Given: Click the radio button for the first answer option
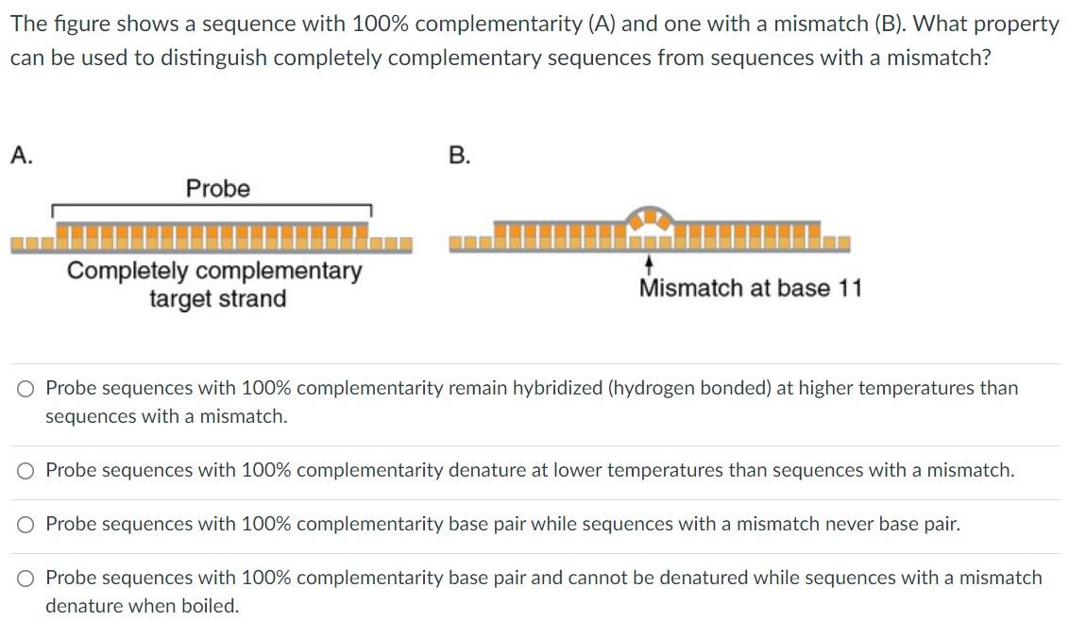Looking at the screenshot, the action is point(27,388).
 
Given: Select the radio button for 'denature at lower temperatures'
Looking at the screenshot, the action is point(27,470).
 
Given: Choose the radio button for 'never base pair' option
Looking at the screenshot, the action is point(27,525).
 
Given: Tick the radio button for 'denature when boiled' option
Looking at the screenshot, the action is point(27,578).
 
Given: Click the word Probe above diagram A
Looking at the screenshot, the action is point(218,189).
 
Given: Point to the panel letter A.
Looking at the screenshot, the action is point(21,156).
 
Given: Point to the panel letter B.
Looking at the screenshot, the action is point(459,156).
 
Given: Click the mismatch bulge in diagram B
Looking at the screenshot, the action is point(650,220).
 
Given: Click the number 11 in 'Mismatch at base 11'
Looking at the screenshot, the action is point(849,288).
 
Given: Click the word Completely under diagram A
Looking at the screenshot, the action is point(127,272).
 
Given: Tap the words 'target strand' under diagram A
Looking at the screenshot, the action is point(217,299).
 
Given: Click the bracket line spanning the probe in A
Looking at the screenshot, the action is point(212,206).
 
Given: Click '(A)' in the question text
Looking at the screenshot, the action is point(602,25).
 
